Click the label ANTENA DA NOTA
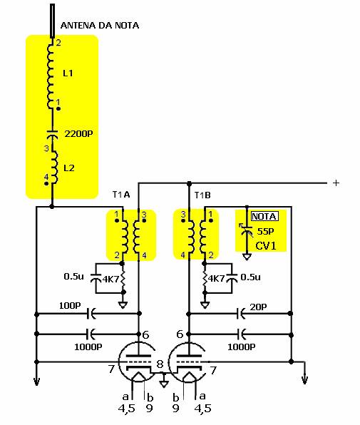pyautogui.click(x=100, y=26)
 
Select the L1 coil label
pyautogui.click(x=68, y=73)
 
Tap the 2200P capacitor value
pyautogui.click(x=78, y=133)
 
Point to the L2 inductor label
pyautogui.click(x=69, y=168)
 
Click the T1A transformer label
pyautogui.click(x=121, y=195)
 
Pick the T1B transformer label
pyautogui.click(x=202, y=195)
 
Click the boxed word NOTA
pyautogui.click(x=264, y=216)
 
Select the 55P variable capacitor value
pyautogui.click(x=265, y=231)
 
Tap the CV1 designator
pyautogui.click(x=266, y=245)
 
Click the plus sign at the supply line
pyautogui.click(x=336, y=183)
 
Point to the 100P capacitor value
pyautogui.click(x=70, y=305)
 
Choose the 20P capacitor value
pyautogui.click(x=258, y=307)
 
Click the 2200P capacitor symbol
pyautogui.click(x=52, y=133)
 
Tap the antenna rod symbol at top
pyautogui.click(x=52, y=21)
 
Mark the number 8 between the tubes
pyautogui.click(x=160, y=364)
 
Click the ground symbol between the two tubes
pyautogui.click(x=164, y=382)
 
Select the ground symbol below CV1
pyautogui.click(x=247, y=256)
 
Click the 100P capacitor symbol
pyautogui.click(x=91, y=314)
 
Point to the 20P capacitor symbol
pyautogui.click(x=241, y=314)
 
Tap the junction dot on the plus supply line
pyautogui.click(x=190, y=183)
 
